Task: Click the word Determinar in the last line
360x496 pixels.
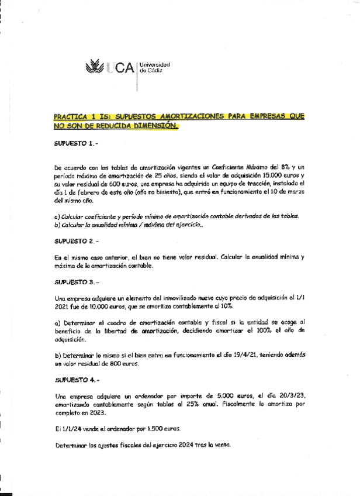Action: pos(73,445)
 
